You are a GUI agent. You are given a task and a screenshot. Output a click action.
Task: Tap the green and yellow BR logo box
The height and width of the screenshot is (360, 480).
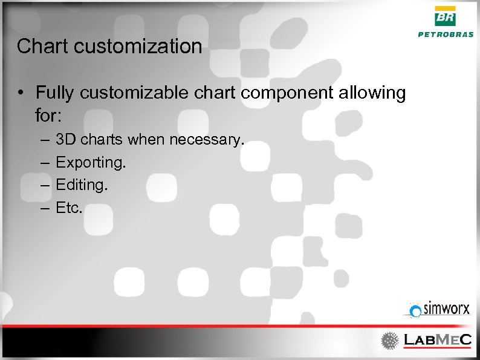446,16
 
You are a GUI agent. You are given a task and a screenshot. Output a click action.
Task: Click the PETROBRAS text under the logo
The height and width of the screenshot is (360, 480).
446,34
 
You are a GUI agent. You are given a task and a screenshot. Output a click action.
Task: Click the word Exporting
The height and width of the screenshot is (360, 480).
90,163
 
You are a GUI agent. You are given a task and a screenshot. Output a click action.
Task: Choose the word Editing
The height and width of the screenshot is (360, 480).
82,185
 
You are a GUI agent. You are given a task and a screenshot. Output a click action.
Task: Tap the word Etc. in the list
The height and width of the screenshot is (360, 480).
70,208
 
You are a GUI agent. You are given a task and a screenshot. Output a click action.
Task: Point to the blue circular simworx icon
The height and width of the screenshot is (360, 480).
415,311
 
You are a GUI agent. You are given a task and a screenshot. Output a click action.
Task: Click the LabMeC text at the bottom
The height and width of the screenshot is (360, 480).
436,341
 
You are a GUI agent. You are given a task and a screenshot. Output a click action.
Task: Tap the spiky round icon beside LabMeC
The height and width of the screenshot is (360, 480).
390,341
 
